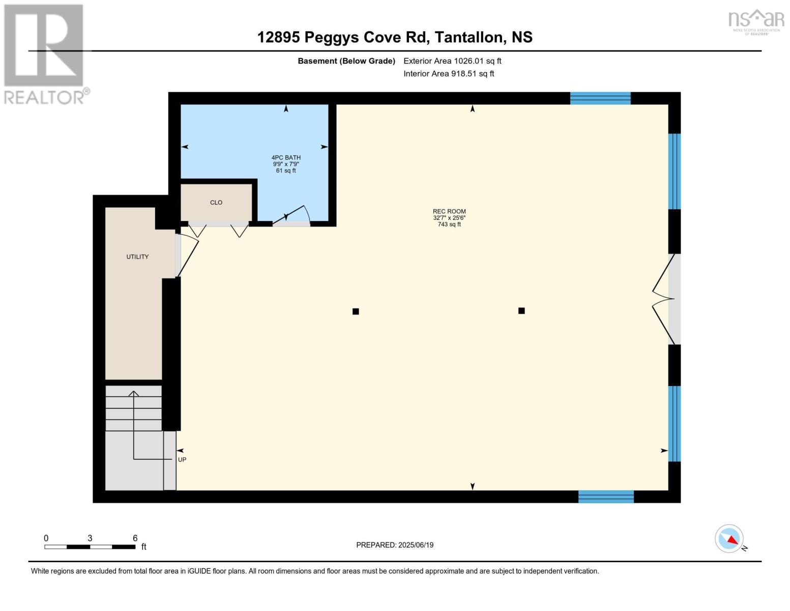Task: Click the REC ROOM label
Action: [x=449, y=212]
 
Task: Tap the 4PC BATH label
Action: [x=286, y=158]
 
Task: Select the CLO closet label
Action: [x=216, y=203]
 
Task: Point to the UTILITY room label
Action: [x=137, y=257]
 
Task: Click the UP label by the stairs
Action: [x=182, y=460]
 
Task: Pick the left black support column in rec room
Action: [x=356, y=312]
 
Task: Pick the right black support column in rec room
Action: [x=521, y=311]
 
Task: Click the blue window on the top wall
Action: [x=600, y=98]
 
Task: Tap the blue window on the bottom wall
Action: [x=606, y=496]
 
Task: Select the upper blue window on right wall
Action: [x=674, y=171]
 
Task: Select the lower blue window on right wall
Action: [x=674, y=424]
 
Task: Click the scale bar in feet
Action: [x=90, y=547]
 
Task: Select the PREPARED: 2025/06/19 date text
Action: [x=395, y=545]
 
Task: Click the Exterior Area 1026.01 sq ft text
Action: [x=452, y=61]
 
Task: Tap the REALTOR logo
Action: [x=45, y=53]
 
